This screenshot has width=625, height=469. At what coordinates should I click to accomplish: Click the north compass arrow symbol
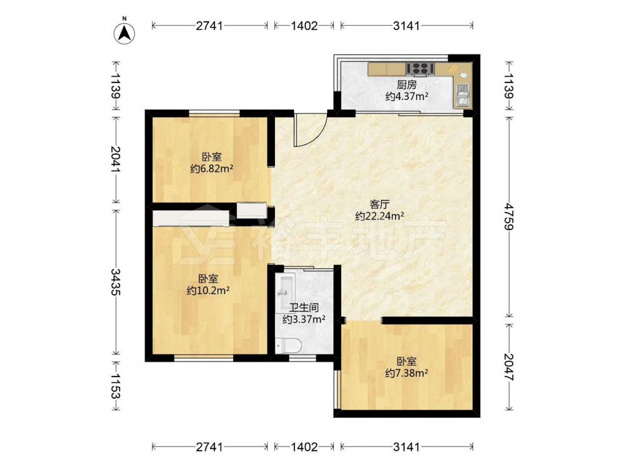pyautogui.click(x=124, y=33)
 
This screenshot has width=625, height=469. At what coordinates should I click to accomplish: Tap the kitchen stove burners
pyautogui.click(x=420, y=68)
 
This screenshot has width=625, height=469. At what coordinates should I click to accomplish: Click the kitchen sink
pyautogui.click(x=462, y=96)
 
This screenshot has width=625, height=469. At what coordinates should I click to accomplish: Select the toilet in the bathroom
pyautogui.click(x=287, y=345)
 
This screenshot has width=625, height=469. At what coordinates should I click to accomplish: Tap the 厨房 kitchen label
pyautogui.click(x=407, y=85)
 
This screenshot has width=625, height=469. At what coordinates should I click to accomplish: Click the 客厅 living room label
pyautogui.click(x=379, y=204)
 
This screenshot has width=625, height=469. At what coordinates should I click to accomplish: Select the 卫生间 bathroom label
pyautogui.click(x=304, y=308)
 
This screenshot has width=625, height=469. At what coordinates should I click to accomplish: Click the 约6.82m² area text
pyautogui.click(x=212, y=169)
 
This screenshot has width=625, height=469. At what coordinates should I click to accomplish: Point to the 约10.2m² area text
pyautogui.click(x=208, y=290)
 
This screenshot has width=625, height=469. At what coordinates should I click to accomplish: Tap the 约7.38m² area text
pyautogui.click(x=407, y=373)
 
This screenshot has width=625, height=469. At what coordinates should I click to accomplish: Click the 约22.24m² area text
pyautogui.click(x=379, y=216)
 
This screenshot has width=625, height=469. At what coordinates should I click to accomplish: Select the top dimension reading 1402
pyautogui.click(x=304, y=26)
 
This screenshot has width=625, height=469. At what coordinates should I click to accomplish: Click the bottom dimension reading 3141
pyautogui.click(x=407, y=447)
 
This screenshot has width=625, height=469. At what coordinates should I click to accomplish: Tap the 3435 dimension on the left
pyautogui.click(x=116, y=281)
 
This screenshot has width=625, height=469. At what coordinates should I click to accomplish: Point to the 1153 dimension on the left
pyautogui.click(x=116, y=386)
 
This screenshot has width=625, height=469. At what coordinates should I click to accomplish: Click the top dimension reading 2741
pyautogui.click(x=209, y=26)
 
